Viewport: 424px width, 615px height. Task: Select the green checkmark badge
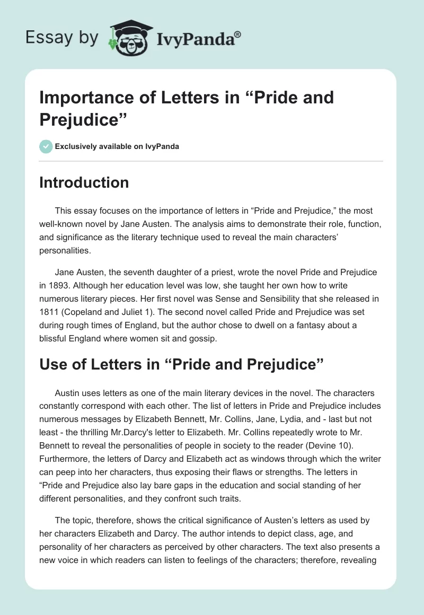(46, 146)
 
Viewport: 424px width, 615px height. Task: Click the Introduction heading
(84, 182)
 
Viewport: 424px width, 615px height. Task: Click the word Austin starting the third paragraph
(68, 393)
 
